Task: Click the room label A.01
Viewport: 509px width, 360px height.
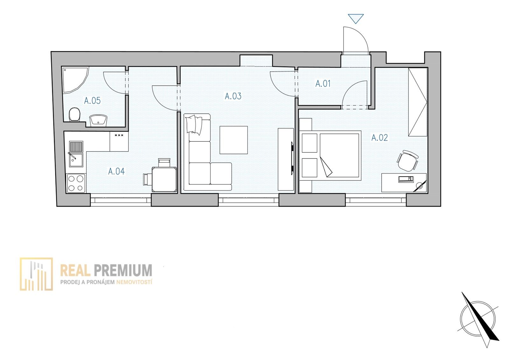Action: pos(323,84)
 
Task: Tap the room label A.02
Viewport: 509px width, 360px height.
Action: pos(380,138)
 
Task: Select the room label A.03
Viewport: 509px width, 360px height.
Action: pos(233,96)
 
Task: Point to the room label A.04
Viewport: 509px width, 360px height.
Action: pos(116,171)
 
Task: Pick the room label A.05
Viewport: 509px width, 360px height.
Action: pos(92,101)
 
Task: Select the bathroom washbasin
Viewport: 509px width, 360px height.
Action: pos(98,121)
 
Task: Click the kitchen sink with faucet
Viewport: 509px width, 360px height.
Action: pos(76,154)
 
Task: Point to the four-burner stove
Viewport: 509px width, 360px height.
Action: pos(76,183)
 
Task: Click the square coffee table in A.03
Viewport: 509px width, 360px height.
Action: pos(234,140)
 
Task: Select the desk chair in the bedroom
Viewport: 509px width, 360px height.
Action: pos(408,160)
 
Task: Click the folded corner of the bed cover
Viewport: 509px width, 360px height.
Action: pos(325,167)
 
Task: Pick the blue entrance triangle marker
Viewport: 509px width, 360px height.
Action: pos(356,19)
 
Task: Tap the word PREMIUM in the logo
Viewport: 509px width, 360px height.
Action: pos(123,270)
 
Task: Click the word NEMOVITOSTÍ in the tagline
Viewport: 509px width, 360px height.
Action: pos(134,282)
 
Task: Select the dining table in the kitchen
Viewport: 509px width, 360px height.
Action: pos(164,180)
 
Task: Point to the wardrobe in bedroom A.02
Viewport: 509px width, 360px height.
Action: pos(418,102)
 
